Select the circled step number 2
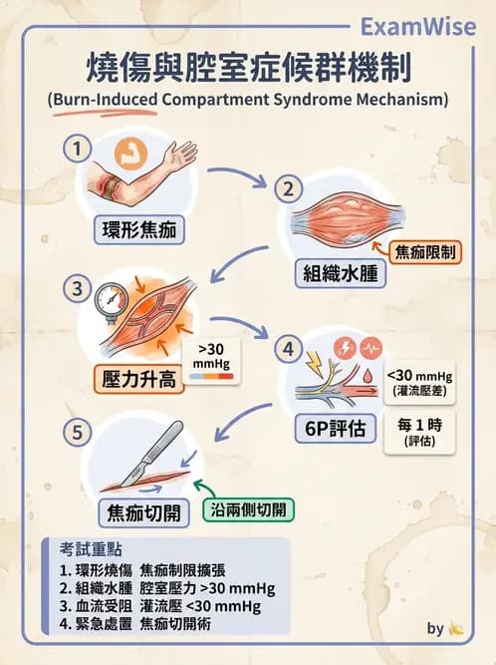point(288,188)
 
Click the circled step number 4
point(288,350)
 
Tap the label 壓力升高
point(141,379)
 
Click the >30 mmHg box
point(211,360)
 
